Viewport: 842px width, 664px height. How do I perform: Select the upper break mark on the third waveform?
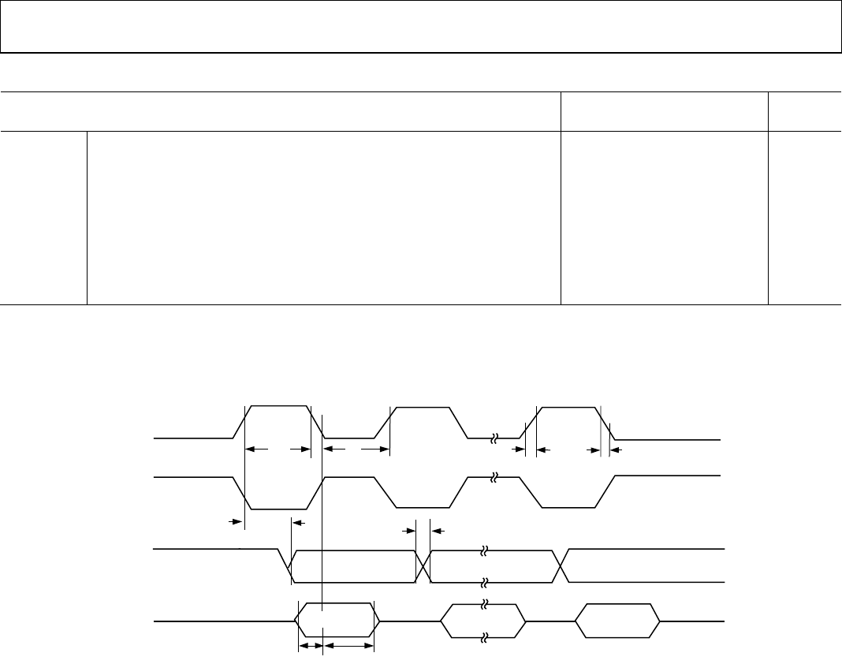point(484,547)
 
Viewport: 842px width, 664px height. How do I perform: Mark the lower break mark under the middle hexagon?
point(484,638)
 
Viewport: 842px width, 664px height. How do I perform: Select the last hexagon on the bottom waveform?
point(617,621)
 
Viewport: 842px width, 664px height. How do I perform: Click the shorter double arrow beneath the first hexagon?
point(310,646)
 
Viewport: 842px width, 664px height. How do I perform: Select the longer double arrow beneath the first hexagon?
point(349,646)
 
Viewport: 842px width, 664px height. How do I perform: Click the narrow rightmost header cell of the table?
point(804,111)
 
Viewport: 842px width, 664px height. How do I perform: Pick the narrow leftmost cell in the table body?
point(43,218)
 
